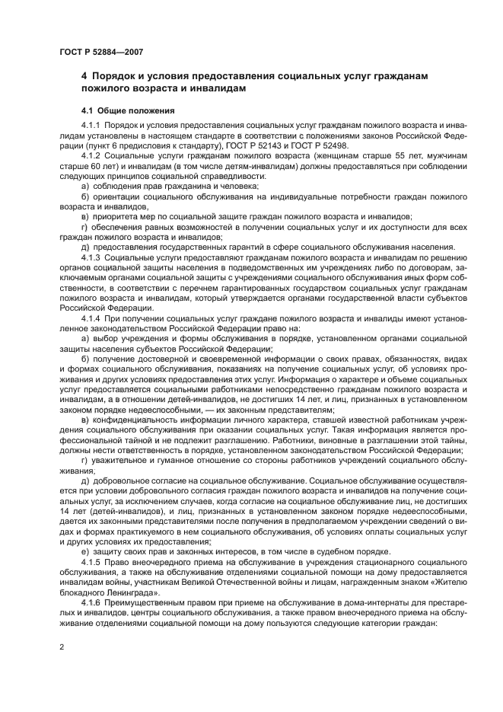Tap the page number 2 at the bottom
pyautogui.click(x=61, y=647)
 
